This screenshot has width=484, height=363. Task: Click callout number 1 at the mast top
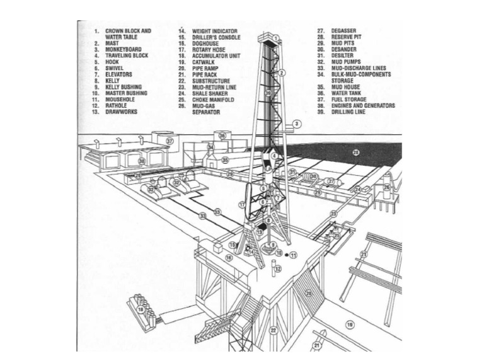(x=275, y=38)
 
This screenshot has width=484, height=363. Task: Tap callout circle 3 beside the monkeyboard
(x=297, y=124)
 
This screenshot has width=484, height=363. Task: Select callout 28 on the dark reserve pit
(x=355, y=152)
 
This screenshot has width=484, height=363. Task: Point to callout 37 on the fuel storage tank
(x=170, y=141)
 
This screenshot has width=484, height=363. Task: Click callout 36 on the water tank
(x=222, y=135)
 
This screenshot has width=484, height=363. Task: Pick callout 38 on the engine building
(x=142, y=161)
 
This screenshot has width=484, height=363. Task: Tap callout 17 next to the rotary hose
(x=241, y=205)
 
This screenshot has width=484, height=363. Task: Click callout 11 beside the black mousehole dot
(x=293, y=255)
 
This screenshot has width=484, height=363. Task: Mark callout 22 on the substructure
(x=273, y=330)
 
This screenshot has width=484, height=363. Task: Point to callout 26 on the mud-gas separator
(x=386, y=187)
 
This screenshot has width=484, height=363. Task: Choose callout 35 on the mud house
(x=224, y=161)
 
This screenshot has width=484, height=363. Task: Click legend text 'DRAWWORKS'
(x=120, y=112)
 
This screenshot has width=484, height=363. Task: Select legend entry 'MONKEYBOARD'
(x=123, y=49)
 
